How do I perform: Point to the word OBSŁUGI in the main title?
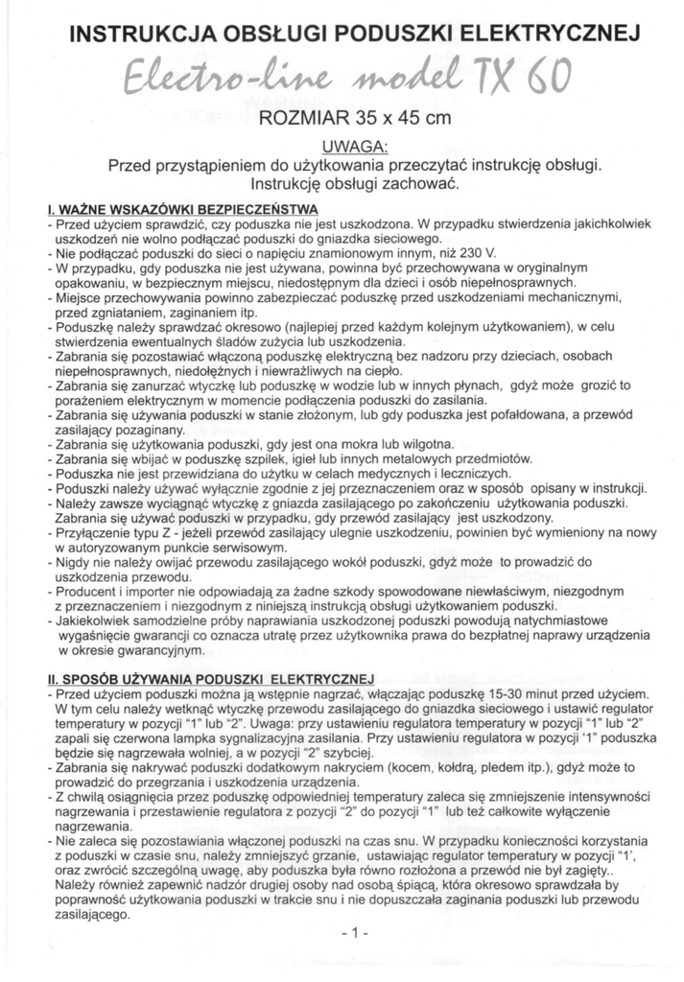tap(299, 36)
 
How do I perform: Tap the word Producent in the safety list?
tap(86, 591)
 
